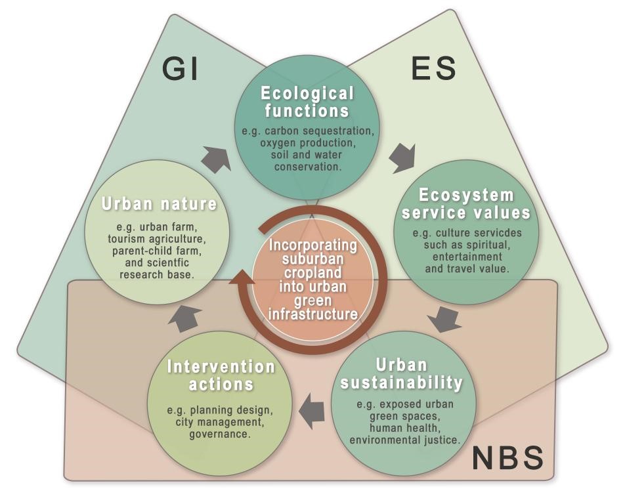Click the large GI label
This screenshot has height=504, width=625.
(x=181, y=69)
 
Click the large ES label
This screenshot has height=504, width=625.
(x=433, y=68)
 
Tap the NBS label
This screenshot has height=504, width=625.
(x=508, y=457)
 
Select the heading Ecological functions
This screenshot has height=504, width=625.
(x=307, y=101)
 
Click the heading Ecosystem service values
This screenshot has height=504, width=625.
(x=466, y=204)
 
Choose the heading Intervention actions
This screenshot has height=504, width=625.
(x=221, y=375)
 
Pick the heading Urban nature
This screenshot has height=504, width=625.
(x=159, y=204)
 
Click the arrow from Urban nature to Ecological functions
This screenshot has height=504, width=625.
(x=216, y=158)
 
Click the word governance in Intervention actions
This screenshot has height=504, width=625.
(x=220, y=434)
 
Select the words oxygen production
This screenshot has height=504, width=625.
(x=307, y=143)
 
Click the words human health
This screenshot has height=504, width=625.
(x=405, y=428)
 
